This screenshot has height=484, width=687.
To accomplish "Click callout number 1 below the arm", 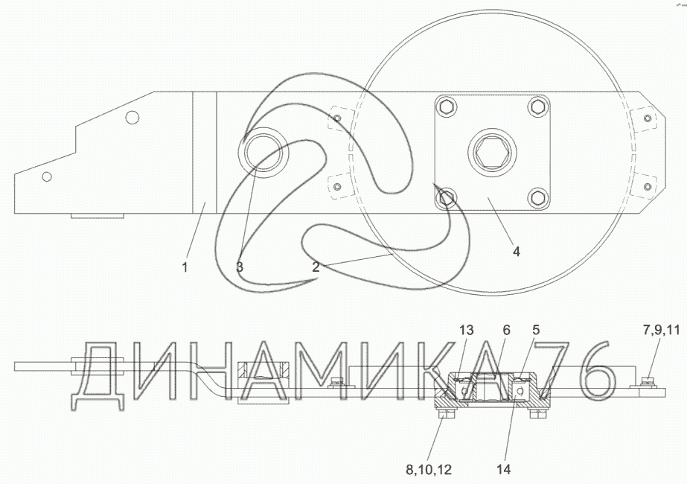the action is pos(185,267).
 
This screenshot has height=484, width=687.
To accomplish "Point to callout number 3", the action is pos(240,267).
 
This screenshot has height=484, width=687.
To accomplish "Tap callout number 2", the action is pos(316,267).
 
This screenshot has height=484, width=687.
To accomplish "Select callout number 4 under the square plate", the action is pos(517,252).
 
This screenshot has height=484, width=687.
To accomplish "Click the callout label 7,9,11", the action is pos(662,329).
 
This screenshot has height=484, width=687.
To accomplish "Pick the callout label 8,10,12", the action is pos(429,470).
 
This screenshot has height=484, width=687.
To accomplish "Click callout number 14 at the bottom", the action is pos(504,470).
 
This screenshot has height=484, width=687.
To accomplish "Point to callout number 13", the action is pos(467,329).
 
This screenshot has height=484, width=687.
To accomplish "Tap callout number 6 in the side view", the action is pos(506,329).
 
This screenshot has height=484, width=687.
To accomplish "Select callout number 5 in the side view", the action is pos(537,329).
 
